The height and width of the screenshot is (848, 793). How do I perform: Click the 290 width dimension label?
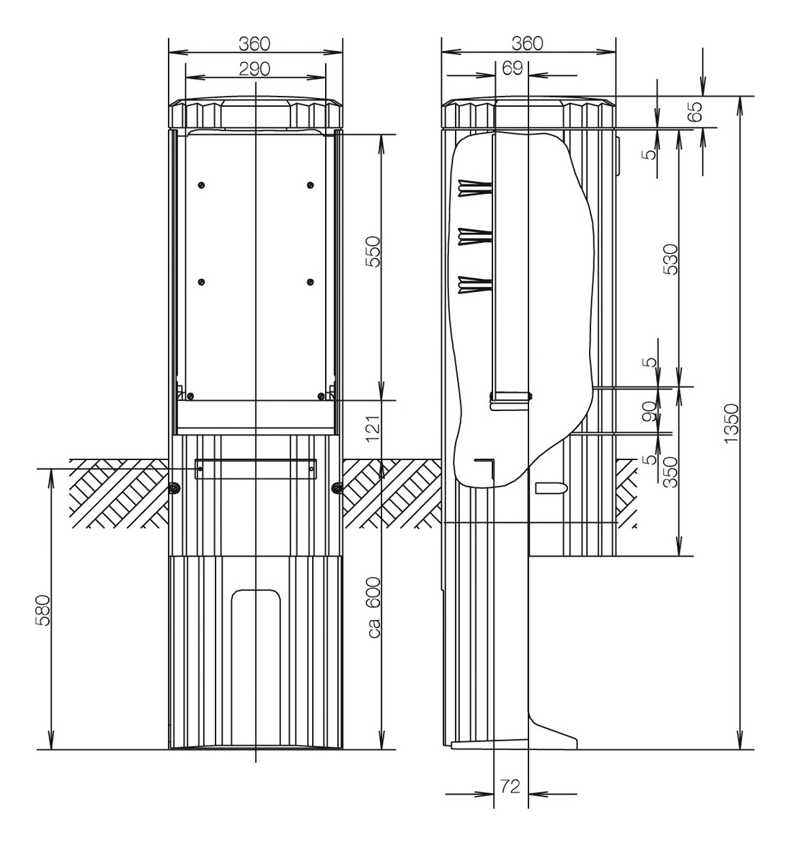point(254,69)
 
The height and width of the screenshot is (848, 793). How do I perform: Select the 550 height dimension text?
point(373,252)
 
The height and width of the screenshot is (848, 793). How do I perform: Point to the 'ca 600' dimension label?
point(373,607)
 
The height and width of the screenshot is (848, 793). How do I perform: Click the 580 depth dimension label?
point(43,610)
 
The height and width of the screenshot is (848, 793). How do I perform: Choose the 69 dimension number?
point(512,68)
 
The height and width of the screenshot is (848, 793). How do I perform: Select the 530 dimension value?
point(670,260)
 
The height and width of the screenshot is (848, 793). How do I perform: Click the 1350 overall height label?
point(731,423)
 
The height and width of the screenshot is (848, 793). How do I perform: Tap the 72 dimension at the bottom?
point(510,786)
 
